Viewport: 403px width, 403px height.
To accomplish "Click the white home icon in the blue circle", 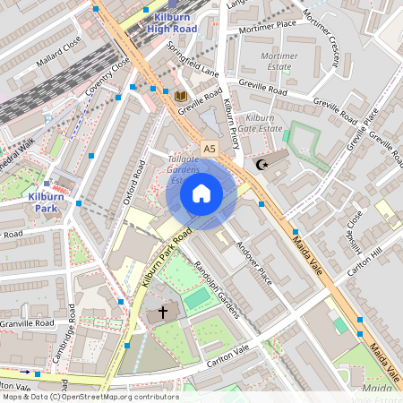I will point(201,193).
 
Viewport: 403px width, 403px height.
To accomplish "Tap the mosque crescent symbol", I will point(262,165).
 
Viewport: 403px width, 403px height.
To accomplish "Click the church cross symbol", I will point(163,313).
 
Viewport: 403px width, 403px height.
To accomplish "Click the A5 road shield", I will point(210,148).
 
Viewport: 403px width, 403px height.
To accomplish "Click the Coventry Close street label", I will point(108,79).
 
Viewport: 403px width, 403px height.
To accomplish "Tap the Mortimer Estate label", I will point(279,61).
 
